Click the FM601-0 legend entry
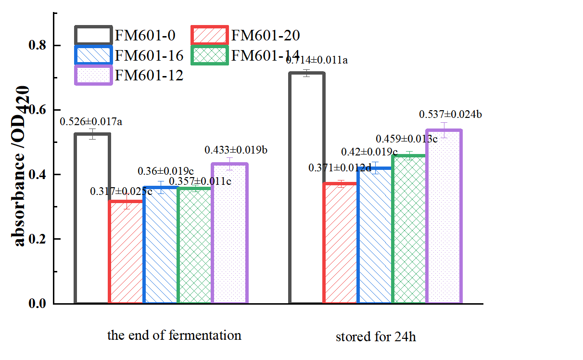(x=125, y=35)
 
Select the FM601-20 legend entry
(x=245, y=35)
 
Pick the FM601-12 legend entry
(x=129, y=76)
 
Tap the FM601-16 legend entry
(x=129, y=55)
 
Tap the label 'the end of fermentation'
(x=174, y=335)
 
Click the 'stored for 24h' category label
(x=376, y=336)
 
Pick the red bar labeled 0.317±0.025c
(x=126, y=253)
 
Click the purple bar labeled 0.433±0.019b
(x=229, y=234)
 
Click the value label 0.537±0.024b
(x=451, y=115)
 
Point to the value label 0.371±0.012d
(x=340, y=168)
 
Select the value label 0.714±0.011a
(x=317, y=61)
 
